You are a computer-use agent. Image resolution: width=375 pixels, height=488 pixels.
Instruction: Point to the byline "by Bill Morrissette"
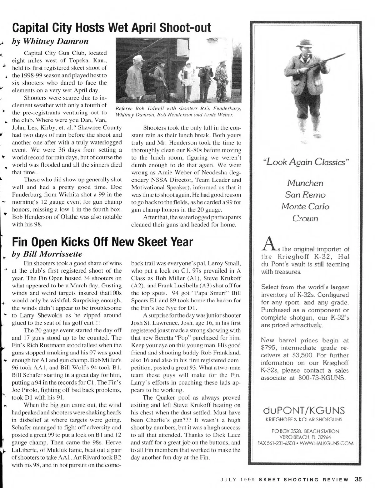[x=47, y=254]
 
